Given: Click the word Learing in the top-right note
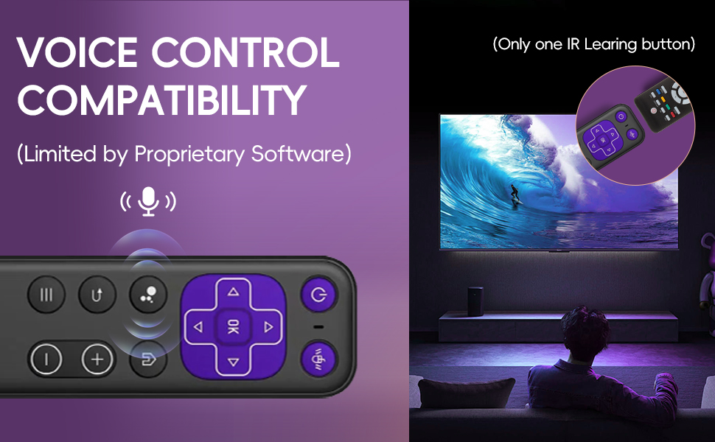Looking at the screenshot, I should point(609,44).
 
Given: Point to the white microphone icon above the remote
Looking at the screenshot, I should point(148,201).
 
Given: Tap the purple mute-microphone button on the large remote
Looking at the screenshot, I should point(318,359).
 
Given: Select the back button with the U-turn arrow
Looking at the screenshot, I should point(97,295).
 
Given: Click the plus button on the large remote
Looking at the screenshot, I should point(97,360).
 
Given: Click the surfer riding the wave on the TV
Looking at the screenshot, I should point(513,194).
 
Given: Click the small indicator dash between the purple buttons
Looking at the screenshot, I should point(318,327).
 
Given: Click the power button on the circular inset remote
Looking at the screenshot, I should point(621,117).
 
